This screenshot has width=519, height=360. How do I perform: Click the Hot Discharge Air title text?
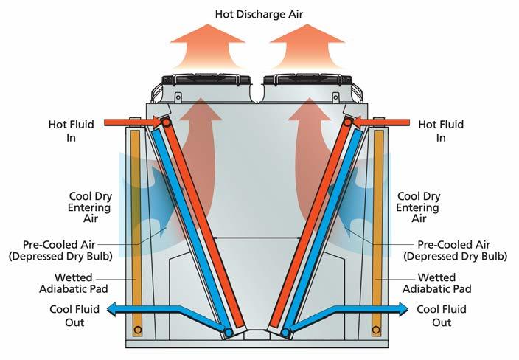(x=259, y=14)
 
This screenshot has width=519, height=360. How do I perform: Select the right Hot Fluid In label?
(x=441, y=131)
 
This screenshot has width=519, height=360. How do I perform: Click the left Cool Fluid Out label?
(x=74, y=316)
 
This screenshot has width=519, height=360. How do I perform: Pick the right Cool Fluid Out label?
(x=442, y=316)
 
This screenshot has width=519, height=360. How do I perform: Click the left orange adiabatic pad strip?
(x=135, y=229)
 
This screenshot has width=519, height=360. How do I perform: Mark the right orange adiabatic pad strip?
(x=378, y=229)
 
